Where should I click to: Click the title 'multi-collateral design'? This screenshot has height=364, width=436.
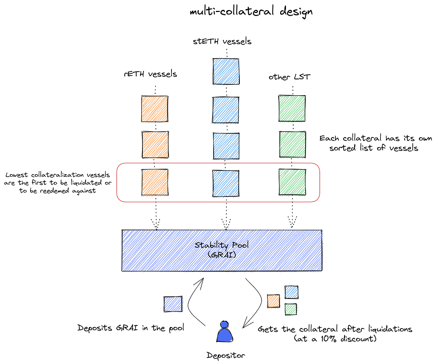coord(251,12)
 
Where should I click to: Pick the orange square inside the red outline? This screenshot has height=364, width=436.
coord(154,182)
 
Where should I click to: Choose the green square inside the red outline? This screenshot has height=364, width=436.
coord(292,182)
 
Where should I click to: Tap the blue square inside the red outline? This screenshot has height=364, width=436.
coord(226,182)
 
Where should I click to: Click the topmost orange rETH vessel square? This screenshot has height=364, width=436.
coord(154,109)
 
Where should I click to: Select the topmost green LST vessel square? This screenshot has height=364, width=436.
coord(292,109)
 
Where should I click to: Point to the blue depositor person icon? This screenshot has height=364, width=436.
coord(225,332)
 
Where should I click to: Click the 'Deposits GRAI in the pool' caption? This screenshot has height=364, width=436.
coord(131,328)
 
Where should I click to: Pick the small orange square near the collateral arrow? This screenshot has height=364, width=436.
coord(273,301)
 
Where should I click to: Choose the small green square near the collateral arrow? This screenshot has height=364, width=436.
coord(291,309)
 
